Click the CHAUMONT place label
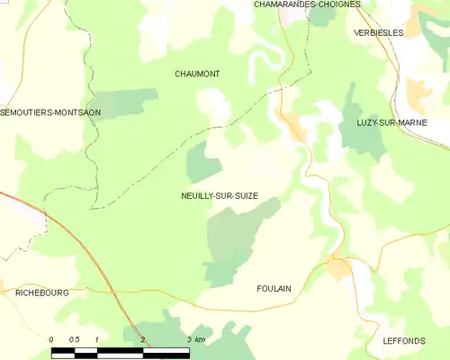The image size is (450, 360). [197, 74]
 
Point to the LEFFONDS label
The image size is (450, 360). [403, 341]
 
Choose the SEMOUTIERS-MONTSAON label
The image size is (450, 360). [51, 112]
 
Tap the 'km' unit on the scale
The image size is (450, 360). [199, 339]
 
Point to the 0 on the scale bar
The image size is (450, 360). [52, 339]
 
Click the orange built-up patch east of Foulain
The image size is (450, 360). [339, 268]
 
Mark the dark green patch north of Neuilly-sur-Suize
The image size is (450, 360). [204, 164]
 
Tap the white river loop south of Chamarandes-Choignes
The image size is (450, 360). [261, 59]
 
